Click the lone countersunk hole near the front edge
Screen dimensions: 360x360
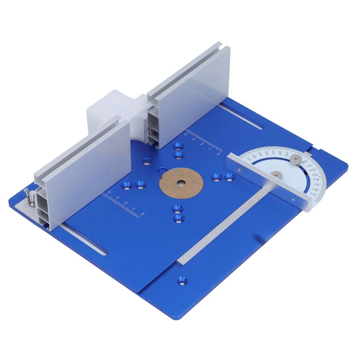coord(182,281)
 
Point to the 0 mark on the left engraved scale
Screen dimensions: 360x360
coord(142,214)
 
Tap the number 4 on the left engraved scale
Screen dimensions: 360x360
coord(110,192)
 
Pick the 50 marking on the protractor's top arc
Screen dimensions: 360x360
coord(273,152)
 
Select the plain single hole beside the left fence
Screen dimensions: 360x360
coord(147,162)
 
